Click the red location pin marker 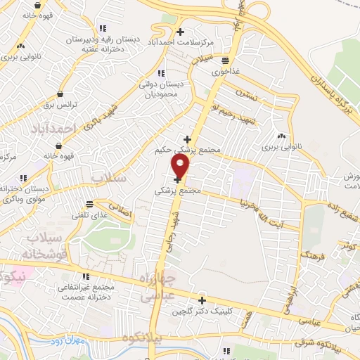point(181,167)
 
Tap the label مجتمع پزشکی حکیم point(186,150)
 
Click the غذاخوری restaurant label point(224,70)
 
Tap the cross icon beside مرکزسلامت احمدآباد point(181,32)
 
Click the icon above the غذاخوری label point(224,60)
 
